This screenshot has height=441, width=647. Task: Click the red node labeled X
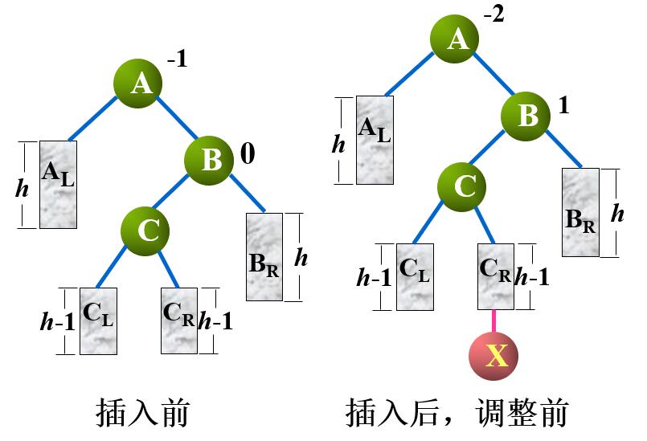[x=493, y=355]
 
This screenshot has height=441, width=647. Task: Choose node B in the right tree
[x=526, y=116]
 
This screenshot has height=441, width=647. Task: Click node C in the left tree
[x=146, y=231]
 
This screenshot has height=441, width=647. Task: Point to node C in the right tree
[x=463, y=186]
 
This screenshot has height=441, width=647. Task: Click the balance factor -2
[x=493, y=16]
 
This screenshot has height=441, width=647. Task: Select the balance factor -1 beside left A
[x=177, y=59]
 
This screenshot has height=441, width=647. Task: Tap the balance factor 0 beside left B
[x=247, y=153]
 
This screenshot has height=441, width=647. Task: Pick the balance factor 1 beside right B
[x=563, y=105]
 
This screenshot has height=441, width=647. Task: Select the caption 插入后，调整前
[x=457, y=413]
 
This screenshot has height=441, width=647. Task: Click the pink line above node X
[x=493, y=321]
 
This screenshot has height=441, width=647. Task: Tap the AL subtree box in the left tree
[x=58, y=184]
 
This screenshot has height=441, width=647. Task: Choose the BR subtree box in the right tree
[x=579, y=211]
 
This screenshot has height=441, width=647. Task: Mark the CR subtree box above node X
[x=494, y=276]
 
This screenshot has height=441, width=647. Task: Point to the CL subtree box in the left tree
[x=98, y=321]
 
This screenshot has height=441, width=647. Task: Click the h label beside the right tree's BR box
[x=617, y=213]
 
